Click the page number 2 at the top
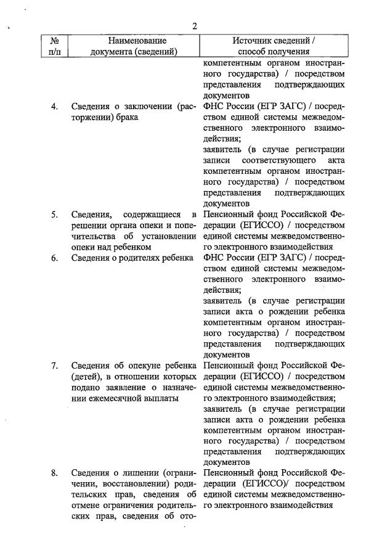(x=194, y=25)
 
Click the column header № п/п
(x=54, y=46)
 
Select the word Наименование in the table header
(x=134, y=40)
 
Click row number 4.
(x=54, y=107)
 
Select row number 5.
(x=54, y=215)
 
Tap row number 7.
(x=54, y=366)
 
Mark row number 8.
(x=54, y=473)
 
